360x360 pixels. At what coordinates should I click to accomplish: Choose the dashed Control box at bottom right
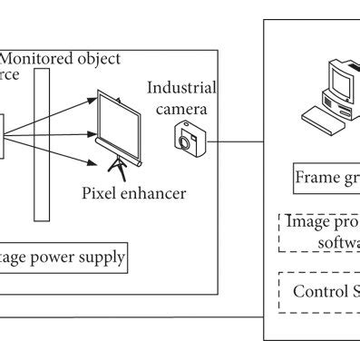(x=319, y=291)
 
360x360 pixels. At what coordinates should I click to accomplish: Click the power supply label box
(x=63, y=259)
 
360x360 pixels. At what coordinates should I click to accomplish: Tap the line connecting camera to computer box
(x=236, y=141)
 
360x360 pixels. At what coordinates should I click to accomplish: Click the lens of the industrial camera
(x=188, y=141)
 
